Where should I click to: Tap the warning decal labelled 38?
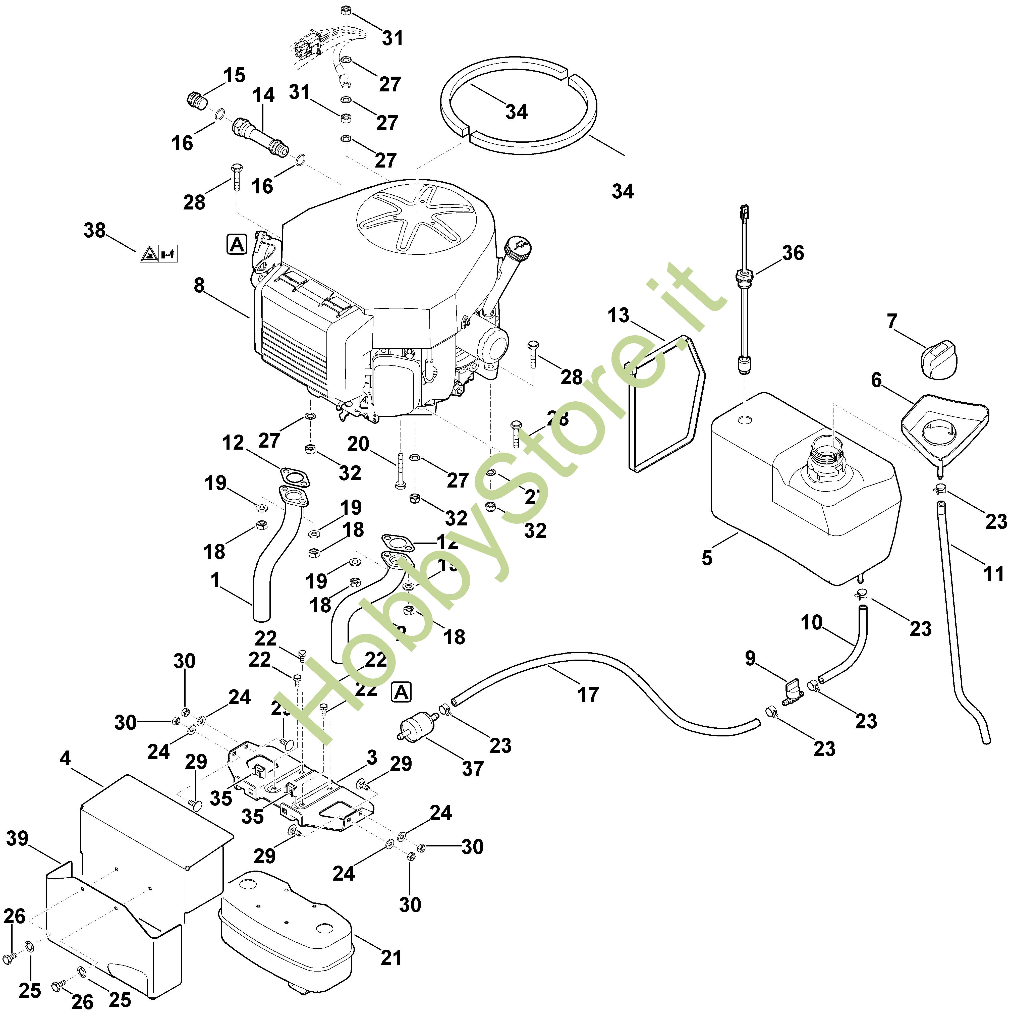point(158,253)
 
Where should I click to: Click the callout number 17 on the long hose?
point(588,694)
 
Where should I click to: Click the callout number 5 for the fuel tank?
point(707,558)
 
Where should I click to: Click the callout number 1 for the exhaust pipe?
point(215,580)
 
